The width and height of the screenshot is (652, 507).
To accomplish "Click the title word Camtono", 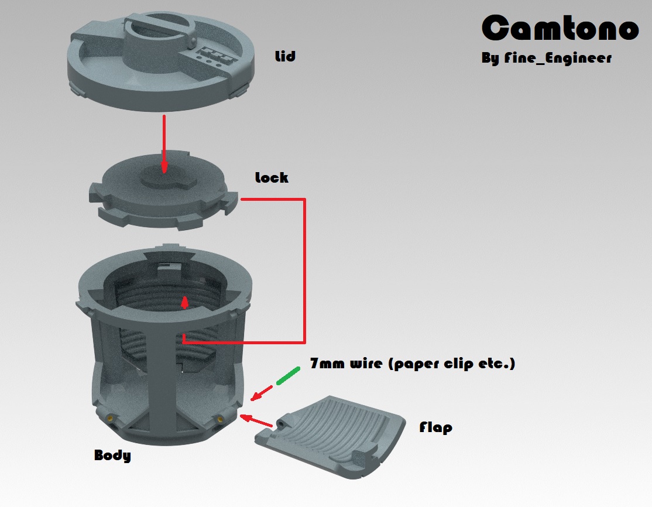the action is point(560,28).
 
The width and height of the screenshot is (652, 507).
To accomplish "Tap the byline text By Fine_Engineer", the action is point(547,57).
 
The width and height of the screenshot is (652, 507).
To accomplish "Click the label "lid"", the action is point(285,56).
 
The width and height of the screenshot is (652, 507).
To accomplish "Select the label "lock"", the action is point(272,177).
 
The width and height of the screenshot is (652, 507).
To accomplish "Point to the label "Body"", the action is point(112,455).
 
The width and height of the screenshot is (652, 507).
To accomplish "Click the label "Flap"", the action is point(435,427).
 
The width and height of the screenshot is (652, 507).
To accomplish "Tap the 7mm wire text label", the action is point(413,364).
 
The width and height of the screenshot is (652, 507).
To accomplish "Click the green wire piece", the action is point(288,376).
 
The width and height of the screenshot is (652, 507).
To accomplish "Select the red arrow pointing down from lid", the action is point(164,144).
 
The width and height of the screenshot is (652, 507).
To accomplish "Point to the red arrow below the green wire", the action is point(262,393).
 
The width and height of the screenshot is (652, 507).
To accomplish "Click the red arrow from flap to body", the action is point(256,420).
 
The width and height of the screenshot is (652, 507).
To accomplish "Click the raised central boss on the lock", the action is point(166,177).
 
